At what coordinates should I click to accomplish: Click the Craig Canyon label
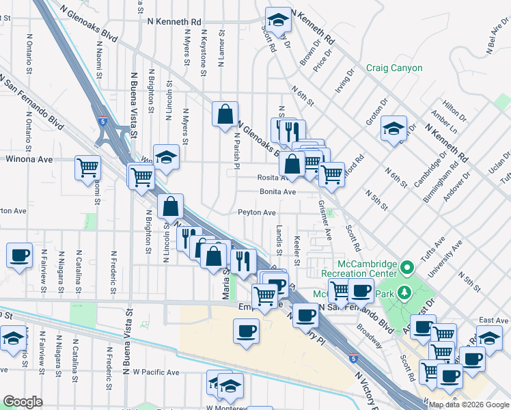coord(394,68)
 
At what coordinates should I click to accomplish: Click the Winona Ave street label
coord(29,159)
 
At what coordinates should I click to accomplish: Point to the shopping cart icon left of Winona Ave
coord(88,167)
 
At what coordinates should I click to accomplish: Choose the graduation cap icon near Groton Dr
coord(394,128)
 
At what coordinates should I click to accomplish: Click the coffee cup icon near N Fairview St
coord(19,256)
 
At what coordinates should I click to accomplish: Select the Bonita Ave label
coord(277,192)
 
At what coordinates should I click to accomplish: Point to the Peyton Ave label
coord(256,213)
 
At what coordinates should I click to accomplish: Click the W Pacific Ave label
coord(156,372)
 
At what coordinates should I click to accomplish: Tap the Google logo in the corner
coord(23,402)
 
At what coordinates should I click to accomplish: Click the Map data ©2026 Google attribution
coord(469,405)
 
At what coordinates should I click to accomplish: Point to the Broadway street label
coord(370,329)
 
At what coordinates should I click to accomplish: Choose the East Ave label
coord(494,320)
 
